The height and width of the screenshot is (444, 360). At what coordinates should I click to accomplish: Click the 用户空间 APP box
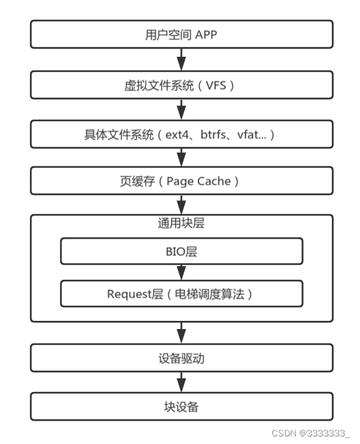click(181, 34)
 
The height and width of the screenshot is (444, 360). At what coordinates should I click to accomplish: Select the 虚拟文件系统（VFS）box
click(181, 86)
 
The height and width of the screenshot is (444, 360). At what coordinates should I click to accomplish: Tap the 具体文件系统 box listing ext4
click(181, 135)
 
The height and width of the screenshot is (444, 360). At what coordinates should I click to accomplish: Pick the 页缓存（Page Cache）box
click(181, 181)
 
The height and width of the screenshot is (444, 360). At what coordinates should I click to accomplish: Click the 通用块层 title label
click(181, 223)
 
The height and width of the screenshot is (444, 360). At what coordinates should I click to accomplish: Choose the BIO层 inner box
click(181, 252)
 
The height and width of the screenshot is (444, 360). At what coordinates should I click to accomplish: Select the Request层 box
click(181, 294)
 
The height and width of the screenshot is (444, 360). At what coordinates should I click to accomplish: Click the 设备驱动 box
click(181, 358)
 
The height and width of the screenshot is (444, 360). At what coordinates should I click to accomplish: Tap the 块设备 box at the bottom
click(181, 406)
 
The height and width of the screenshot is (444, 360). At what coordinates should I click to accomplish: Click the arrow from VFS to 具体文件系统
click(181, 110)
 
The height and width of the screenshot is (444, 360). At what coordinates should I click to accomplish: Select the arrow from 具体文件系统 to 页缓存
click(181, 158)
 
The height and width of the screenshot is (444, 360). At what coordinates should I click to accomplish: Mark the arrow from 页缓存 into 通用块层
click(181, 205)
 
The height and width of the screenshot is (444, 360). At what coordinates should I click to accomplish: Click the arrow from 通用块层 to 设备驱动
click(181, 332)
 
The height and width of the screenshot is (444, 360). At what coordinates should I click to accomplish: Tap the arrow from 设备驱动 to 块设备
click(181, 382)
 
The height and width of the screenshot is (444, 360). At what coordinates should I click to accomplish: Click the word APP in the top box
click(205, 34)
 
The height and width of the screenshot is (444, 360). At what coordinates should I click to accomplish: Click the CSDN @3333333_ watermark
click(309, 432)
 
